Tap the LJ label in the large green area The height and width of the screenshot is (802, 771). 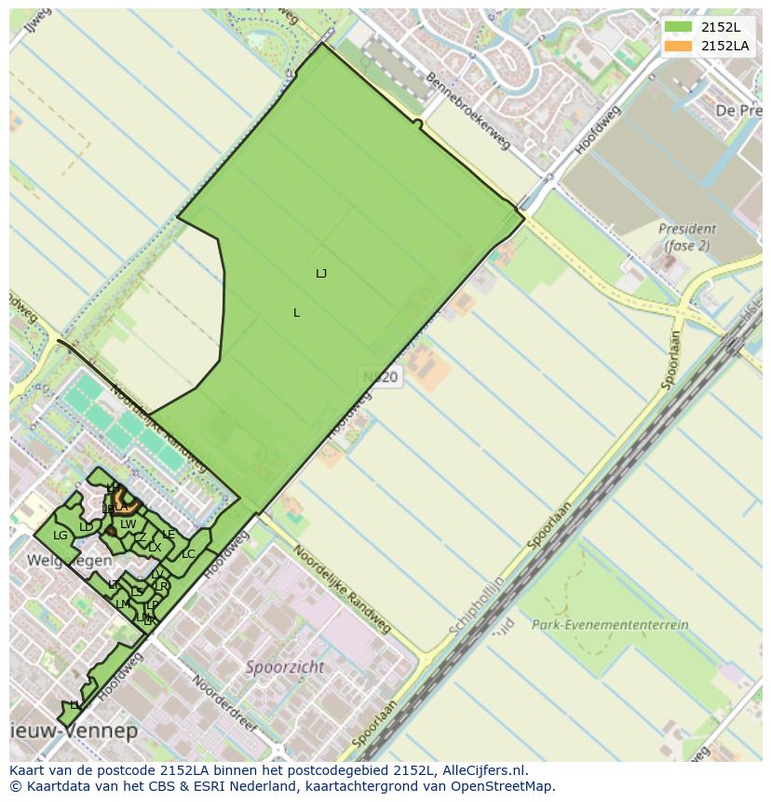pyautogui.click(x=321, y=274)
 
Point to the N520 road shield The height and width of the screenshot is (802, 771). pyautogui.click(x=380, y=377)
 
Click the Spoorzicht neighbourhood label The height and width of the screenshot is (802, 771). pyautogui.click(x=285, y=667)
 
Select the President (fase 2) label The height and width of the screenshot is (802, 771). pyautogui.click(x=686, y=237)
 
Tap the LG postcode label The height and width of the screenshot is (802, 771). pyautogui.click(x=61, y=536)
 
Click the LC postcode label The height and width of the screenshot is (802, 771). pyautogui.click(x=188, y=554)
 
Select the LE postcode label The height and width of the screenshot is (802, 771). pyautogui.click(x=169, y=535)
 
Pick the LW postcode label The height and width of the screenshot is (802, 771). pyautogui.click(x=128, y=524)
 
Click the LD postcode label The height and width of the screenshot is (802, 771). pyautogui.click(x=86, y=527)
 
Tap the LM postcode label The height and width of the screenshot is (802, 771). pyautogui.click(x=122, y=605)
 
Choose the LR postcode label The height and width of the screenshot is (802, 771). pyautogui.click(x=161, y=587)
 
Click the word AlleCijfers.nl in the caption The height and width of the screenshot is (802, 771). pyautogui.click(x=483, y=770)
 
